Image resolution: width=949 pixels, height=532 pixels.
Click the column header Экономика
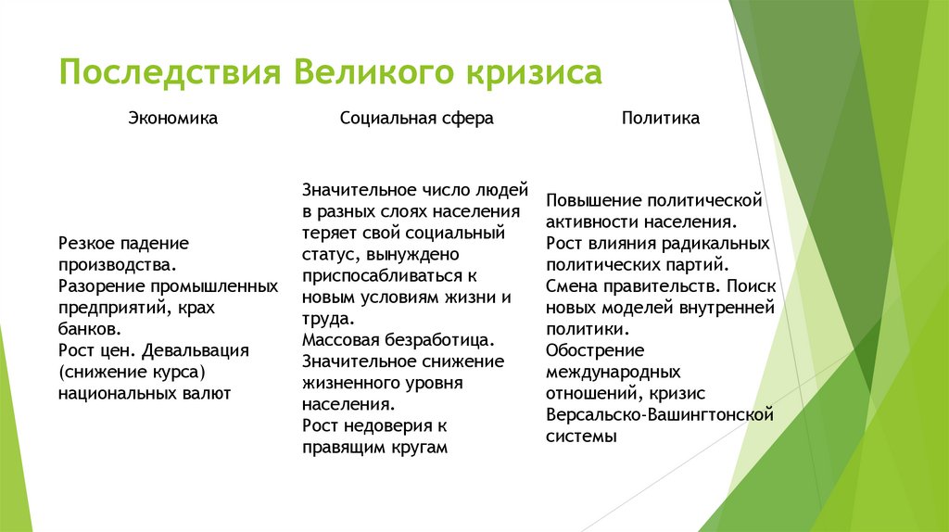(x=172, y=119)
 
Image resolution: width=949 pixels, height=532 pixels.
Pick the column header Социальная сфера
(x=416, y=119)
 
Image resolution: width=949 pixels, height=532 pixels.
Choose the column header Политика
(x=661, y=119)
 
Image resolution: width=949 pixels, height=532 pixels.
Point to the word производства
(x=113, y=265)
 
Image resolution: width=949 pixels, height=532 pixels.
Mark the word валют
(x=206, y=393)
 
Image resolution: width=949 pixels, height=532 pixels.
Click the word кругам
(x=416, y=447)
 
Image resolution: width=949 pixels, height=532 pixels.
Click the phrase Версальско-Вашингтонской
(x=659, y=414)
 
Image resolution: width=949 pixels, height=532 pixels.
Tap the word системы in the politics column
(x=581, y=436)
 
